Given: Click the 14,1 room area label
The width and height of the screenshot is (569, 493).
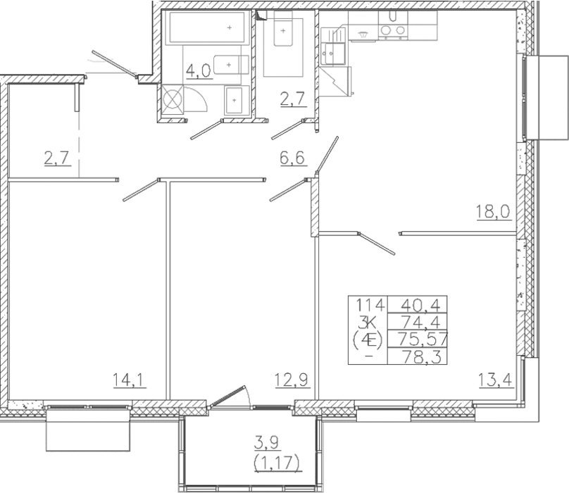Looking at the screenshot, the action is coord(130,380).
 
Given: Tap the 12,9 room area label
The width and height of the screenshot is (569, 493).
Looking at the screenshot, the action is coord(292,380).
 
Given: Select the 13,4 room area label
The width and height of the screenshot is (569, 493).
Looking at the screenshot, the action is coord(495,380).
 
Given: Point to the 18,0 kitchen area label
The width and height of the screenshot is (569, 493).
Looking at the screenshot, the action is coord(493,212).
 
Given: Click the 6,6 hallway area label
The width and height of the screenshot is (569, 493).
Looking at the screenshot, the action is coord(292,158).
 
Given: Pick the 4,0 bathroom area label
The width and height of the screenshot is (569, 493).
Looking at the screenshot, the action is coord(198,70).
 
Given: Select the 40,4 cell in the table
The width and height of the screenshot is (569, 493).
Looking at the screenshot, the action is coord(420,306).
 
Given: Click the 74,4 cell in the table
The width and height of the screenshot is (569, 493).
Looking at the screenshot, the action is coord(420,322).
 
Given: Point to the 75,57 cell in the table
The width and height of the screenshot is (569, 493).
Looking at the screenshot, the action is coord(423,339).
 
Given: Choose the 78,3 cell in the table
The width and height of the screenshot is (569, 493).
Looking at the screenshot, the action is coord(423,356).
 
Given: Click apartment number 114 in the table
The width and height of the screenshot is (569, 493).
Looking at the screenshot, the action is coord(370,305).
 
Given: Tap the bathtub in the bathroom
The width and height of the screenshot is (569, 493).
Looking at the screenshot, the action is coord(208,27).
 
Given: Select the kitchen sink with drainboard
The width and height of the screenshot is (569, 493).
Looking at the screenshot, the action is coord(334,46).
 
